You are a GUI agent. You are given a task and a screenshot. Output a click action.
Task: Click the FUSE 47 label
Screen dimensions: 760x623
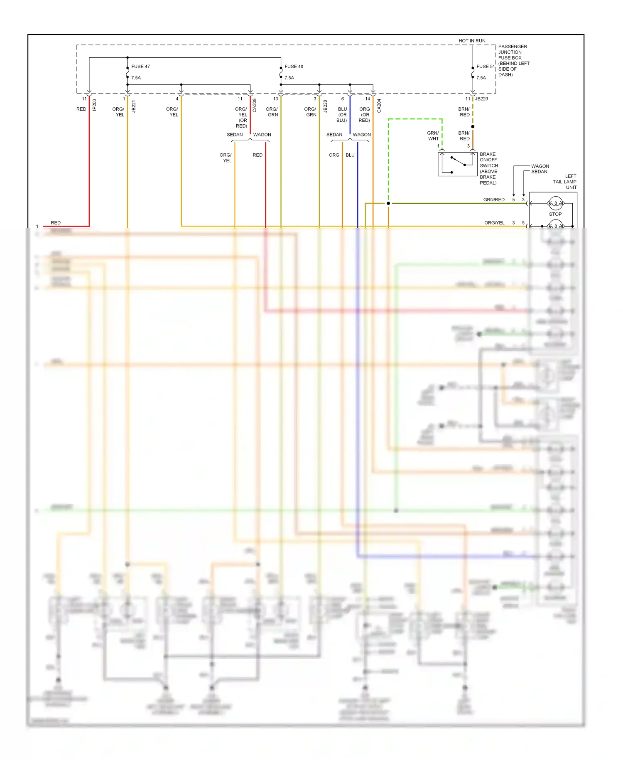tap(140, 67)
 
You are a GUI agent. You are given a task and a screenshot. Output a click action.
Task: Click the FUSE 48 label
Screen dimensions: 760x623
tap(294, 67)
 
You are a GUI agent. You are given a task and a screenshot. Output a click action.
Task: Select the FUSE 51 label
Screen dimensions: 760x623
tap(485, 67)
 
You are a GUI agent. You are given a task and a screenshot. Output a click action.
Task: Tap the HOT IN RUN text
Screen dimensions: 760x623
tap(472, 41)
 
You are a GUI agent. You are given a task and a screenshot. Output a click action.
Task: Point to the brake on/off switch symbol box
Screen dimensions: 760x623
tap(457, 164)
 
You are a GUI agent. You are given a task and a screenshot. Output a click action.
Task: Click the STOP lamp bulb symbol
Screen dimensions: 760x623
tap(555, 204)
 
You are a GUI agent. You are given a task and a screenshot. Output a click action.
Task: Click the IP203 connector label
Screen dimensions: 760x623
tap(94, 105)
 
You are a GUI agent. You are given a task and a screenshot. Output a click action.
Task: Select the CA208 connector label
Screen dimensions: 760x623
tap(255, 106)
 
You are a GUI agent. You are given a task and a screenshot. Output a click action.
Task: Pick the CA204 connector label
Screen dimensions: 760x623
tap(379, 106)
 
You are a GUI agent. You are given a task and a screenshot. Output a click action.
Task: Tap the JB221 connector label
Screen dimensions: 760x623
tap(134, 106)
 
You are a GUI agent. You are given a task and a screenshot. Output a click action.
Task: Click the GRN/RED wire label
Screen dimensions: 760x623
tap(494, 200)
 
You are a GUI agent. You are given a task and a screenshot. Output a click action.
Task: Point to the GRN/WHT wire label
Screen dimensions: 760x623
tap(433, 136)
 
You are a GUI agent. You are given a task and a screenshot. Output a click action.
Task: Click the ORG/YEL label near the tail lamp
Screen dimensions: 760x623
tap(494, 223)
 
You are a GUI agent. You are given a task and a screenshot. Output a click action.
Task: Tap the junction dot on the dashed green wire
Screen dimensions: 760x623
tap(388, 203)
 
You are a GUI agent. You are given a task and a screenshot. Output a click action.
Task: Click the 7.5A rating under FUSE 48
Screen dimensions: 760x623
tap(289, 78)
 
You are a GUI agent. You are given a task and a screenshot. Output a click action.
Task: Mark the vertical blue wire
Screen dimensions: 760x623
tap(358, 187)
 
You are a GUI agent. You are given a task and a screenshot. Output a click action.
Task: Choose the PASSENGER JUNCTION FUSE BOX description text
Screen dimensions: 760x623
tap(513, 60)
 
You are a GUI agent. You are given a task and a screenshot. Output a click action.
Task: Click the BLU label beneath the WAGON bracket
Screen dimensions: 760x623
tap(350, 155)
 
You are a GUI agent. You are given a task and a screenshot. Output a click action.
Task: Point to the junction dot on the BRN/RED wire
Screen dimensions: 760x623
tap(473, 126)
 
